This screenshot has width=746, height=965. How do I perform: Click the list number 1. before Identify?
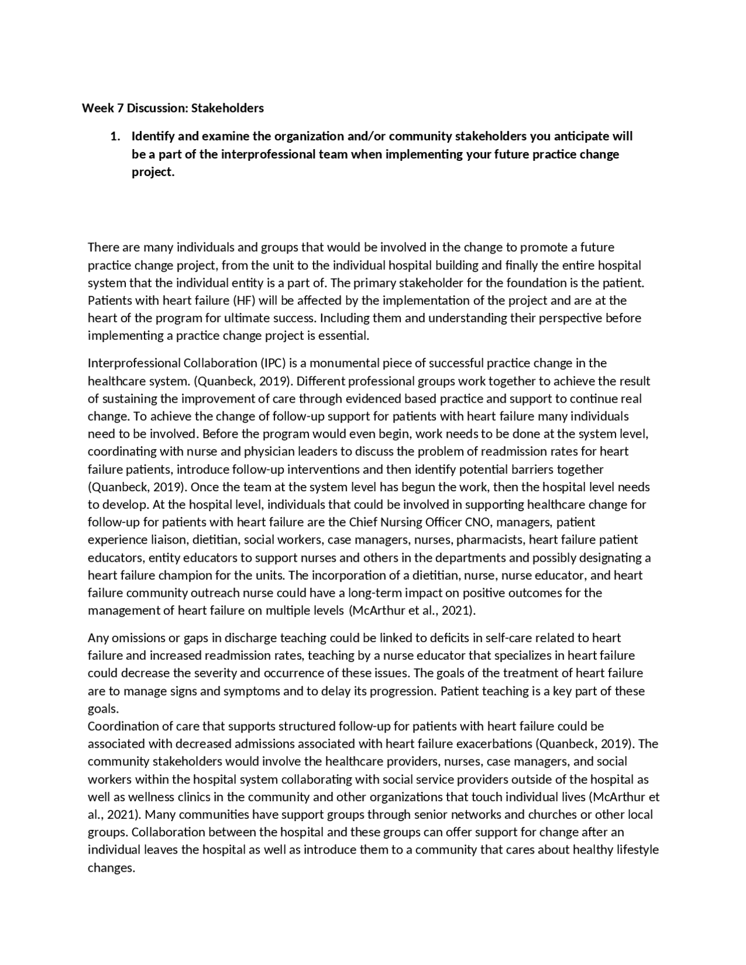point(115,136)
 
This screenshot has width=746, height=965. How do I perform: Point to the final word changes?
point(111,868)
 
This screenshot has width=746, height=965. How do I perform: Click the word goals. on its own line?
point(103,709)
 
